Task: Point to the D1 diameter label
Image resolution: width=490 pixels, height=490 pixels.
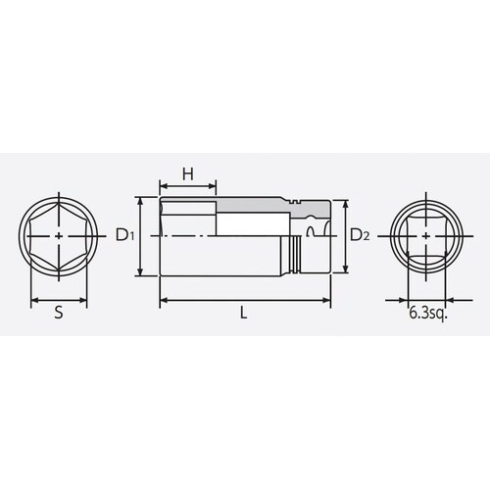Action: tap(122, 235)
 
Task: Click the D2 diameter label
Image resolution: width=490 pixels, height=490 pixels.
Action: tap(360, 235)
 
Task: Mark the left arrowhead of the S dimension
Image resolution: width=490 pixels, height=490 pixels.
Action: tap(35, 299)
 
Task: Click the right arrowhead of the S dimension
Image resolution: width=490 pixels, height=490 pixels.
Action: tap(86, 299)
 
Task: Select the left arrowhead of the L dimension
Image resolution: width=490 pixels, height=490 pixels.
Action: tap(160, 299)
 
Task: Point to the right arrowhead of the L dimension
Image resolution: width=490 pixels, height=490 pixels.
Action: tap(330, 299)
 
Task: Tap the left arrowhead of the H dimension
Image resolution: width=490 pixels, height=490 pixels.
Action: tap(160, 186)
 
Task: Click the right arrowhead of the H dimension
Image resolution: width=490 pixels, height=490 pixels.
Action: tap(215, 186)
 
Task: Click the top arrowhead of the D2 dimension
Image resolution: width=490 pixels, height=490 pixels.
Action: tap(346, 203)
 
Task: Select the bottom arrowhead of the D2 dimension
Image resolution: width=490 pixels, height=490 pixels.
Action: tap(346, 270)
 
